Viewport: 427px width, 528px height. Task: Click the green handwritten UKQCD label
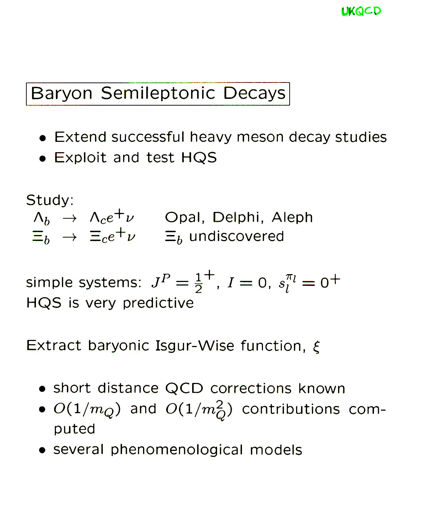pos(361,11)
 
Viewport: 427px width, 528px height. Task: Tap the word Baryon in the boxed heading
pos(61,94)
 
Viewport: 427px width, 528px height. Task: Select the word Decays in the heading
pos(254,94)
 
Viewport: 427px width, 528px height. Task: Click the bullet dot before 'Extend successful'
pos(42,138)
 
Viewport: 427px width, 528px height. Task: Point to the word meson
pos(260,137)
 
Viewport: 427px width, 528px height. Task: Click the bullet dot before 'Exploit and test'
pos(42,159)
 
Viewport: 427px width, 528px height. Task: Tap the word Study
pos(50,200)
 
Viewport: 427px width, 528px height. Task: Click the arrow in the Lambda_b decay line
pos(69,218)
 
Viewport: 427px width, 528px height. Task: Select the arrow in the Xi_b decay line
pos(69,238)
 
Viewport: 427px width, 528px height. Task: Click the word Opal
pos(185,217)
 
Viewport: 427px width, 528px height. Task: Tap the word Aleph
pos(292,217)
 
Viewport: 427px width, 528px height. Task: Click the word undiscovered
pos(236,236)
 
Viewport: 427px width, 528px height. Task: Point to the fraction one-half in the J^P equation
pos(198,283)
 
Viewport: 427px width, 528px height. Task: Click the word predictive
pos(158,303)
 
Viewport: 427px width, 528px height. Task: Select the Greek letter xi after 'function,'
pos(316,347)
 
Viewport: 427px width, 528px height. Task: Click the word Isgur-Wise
pos(195,346)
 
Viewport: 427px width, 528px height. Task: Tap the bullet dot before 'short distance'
pos(42,389)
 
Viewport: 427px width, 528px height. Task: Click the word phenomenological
pos(176,450)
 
